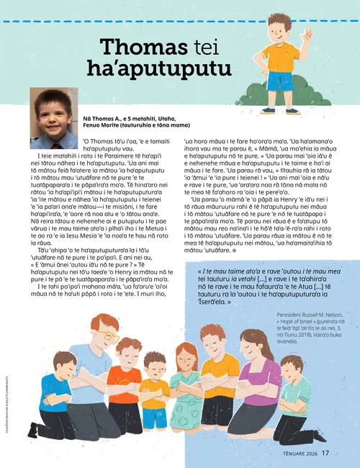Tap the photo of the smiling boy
[x=53, y=118]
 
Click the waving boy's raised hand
[x=308, y=35]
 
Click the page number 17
[x=325, y=453]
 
